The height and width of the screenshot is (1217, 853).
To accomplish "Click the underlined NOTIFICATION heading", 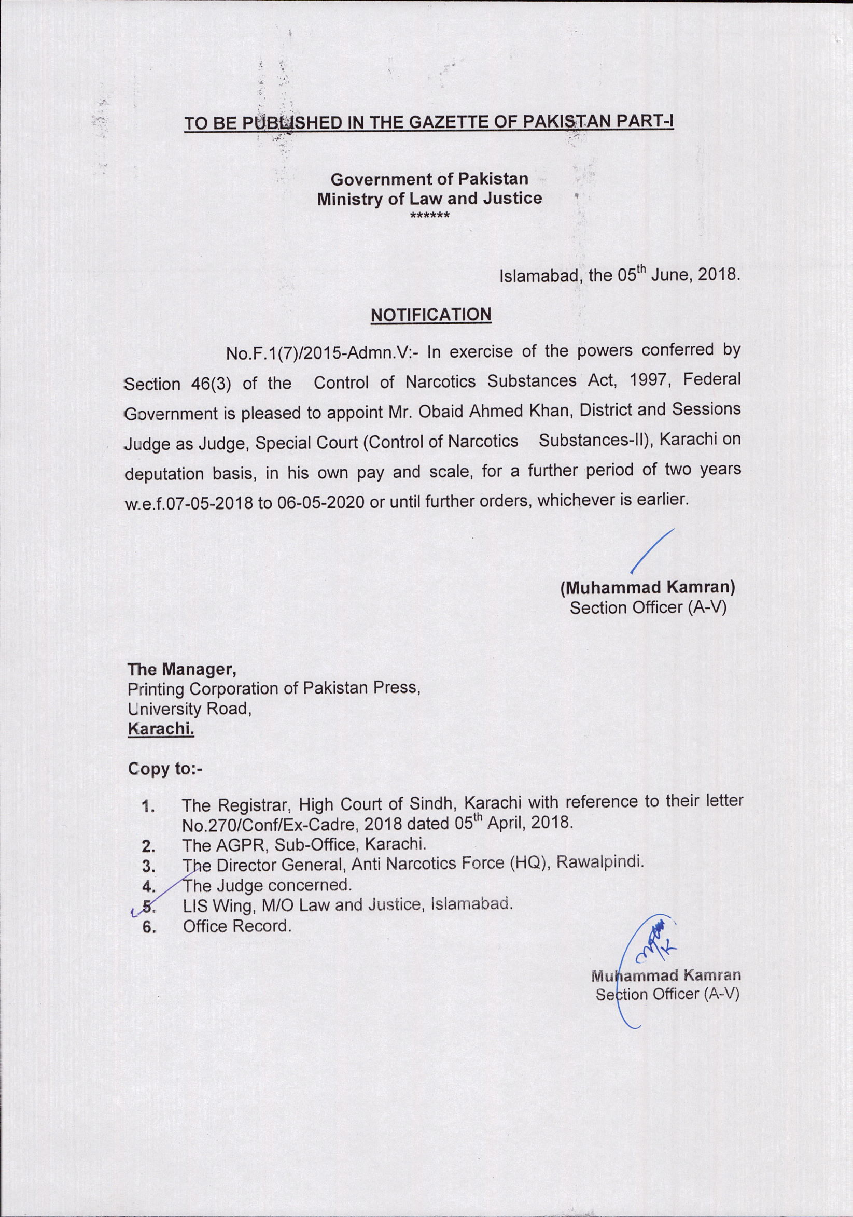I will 430,314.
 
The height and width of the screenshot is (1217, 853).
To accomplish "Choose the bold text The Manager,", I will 181,670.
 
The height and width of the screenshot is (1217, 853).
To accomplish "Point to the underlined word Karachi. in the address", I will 161,730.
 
